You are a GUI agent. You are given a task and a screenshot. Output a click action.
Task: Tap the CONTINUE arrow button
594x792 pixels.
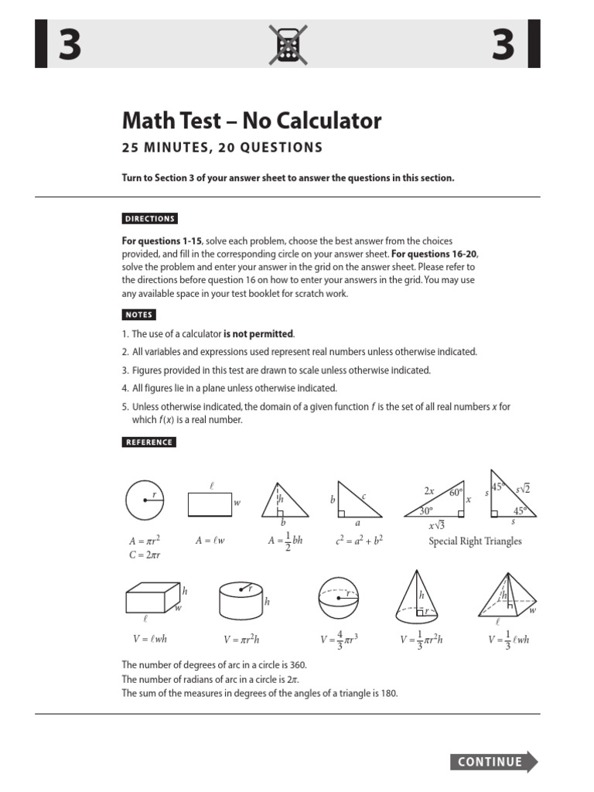(493, 762)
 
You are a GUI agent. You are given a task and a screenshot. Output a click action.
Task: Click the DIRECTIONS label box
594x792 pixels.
(150, 219)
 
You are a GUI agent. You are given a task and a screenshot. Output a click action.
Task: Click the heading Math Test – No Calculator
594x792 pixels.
(252, 121)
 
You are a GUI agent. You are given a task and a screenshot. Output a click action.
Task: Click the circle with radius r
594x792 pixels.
(145, 500)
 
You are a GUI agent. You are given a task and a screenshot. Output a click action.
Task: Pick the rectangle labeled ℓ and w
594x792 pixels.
(210, 504)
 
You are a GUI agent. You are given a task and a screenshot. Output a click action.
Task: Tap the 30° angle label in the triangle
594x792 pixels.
(425, 511)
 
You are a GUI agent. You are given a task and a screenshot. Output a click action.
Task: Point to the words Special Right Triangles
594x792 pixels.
(475, 541)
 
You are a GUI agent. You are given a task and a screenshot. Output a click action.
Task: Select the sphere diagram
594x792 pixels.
(339, 599)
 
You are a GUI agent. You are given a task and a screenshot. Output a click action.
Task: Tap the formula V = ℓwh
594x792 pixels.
(147, 639)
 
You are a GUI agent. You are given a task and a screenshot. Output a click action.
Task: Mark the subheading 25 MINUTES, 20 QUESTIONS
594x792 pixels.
(222, 148)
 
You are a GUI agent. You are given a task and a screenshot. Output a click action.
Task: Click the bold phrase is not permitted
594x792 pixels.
(259, 334)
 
